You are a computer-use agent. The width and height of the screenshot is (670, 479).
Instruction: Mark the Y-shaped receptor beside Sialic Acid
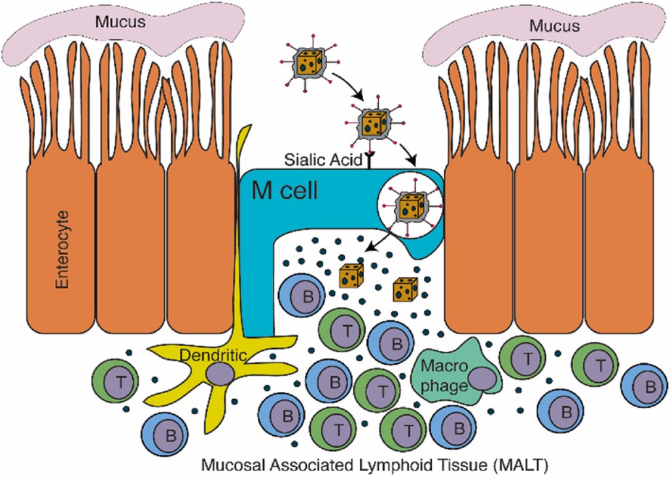tap(368, 160)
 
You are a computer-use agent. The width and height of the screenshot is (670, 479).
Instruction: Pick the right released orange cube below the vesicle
tap(405, 289)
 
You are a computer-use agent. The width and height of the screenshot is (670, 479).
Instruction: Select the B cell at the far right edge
tap(648, 387)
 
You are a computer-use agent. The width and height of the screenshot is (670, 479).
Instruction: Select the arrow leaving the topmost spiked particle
tap(347, 86)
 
